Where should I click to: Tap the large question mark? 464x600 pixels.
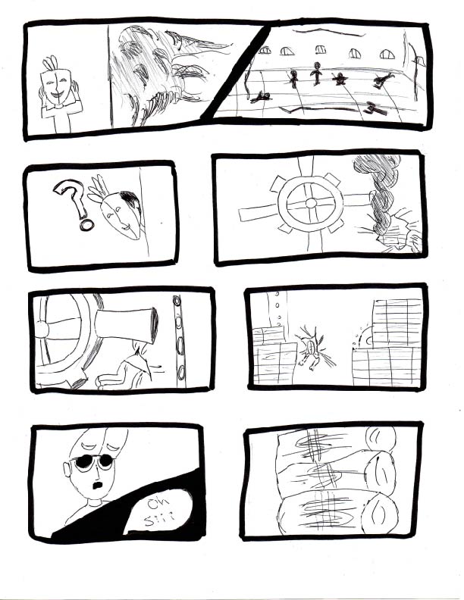click(71, 197)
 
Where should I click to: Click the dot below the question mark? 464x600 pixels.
click(86, 225)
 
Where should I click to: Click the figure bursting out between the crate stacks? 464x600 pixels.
click(310, 347)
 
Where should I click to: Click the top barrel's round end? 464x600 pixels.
click(381, 439)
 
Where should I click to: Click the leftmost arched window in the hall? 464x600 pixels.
click(265, 51)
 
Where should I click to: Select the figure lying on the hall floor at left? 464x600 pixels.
click(262, 96)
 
